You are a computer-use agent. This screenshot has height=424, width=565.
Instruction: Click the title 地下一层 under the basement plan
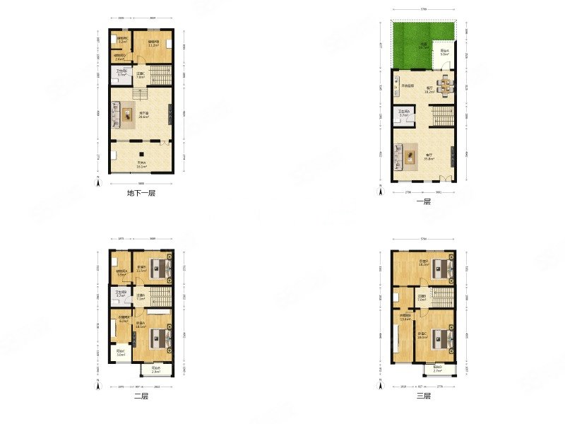[141, 193]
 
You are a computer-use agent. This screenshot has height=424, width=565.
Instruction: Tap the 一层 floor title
[423, 201]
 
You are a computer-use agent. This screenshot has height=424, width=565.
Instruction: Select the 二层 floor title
[141, 396]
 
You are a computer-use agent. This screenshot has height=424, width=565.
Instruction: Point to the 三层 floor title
[423, 396]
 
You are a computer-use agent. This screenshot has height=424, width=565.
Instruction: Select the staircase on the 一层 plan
[443, 114]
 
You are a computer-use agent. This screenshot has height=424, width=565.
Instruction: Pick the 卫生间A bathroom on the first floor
[403, 114]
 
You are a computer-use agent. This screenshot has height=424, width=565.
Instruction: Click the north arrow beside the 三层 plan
[380, 387]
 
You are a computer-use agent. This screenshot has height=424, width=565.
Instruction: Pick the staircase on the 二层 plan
[161, 297]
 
